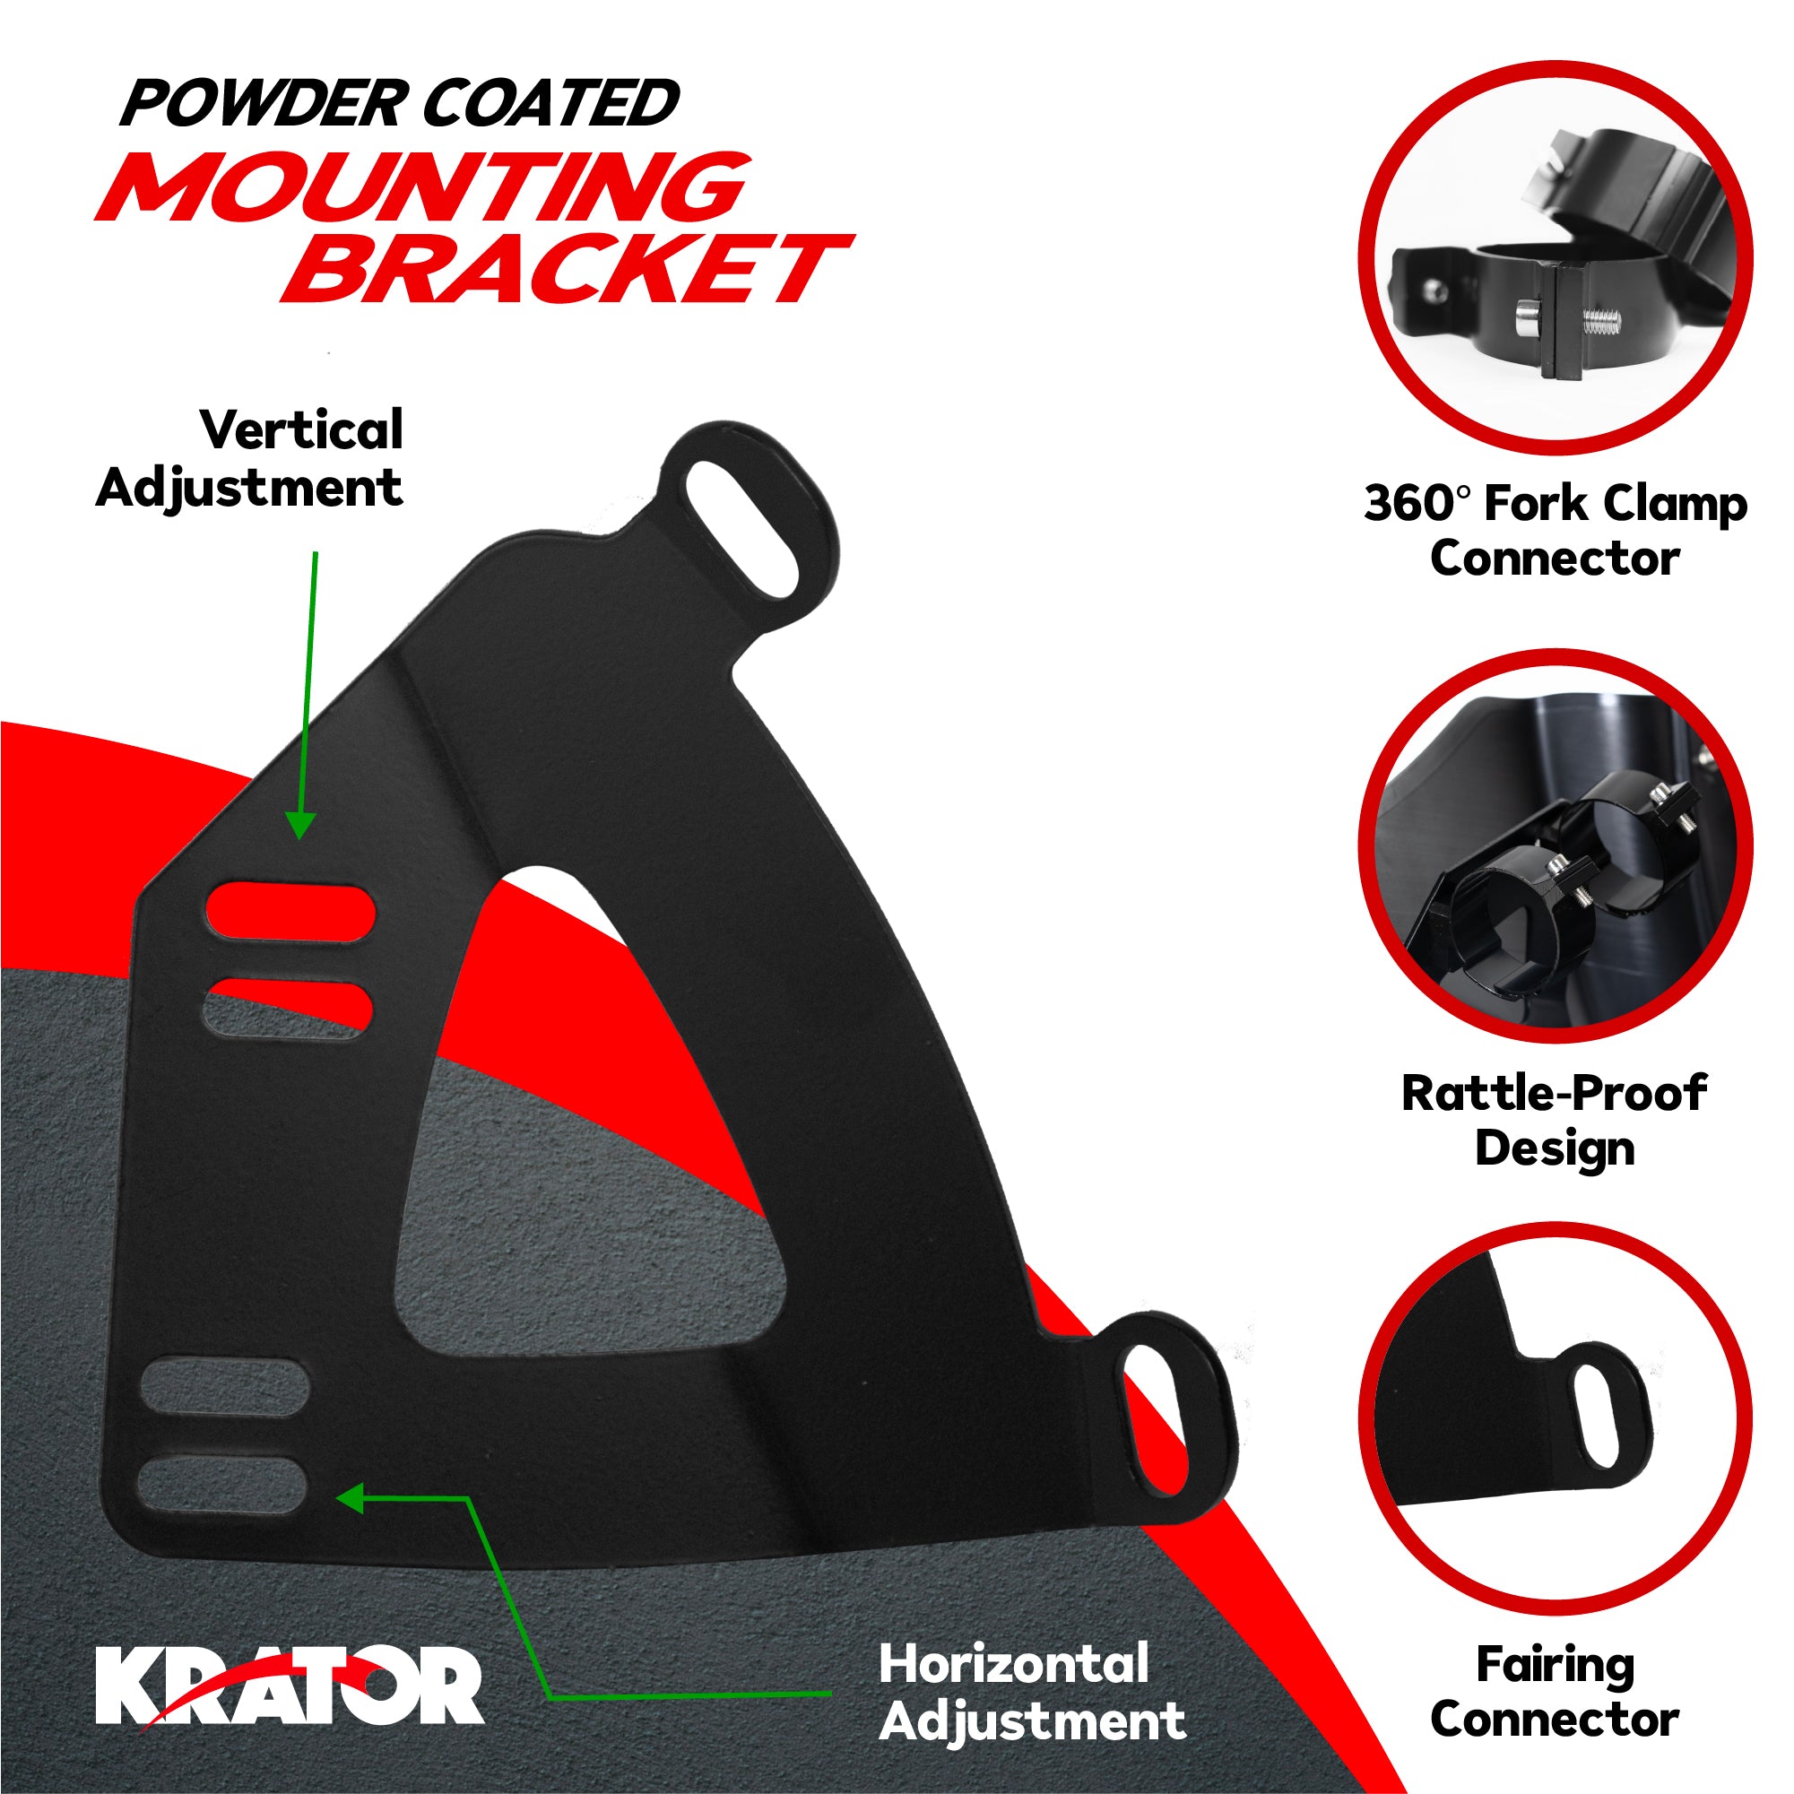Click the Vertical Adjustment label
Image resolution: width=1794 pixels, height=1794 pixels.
coord(251,458)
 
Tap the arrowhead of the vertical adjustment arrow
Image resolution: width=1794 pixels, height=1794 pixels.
coord(300,825)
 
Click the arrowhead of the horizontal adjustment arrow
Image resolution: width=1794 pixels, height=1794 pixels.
coord(351,1498)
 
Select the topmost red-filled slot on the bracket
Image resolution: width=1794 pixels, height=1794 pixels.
coord(290,913)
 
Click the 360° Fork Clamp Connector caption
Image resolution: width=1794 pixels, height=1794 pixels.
coord(1556,530)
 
